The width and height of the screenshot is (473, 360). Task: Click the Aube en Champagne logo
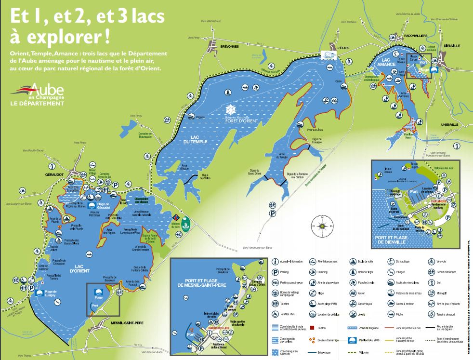pos(40,92)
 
